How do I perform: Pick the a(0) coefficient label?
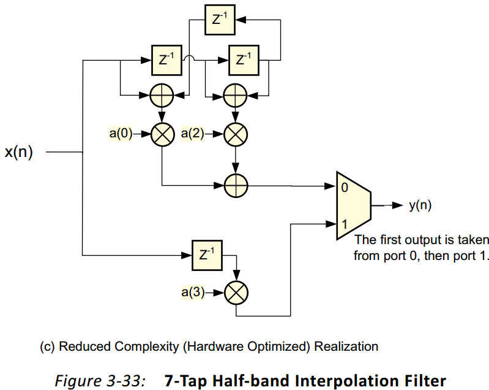point(121,133)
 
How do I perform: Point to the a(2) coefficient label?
point(194,133)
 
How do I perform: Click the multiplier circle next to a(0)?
point(163,134)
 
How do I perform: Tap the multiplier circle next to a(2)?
point(235,134)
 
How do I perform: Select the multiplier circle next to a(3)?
point(235,293)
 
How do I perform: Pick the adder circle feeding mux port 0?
point(235,184)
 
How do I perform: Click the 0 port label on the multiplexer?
point(345,188)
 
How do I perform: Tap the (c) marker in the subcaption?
point(48,346)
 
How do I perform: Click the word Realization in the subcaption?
point(346,346)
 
